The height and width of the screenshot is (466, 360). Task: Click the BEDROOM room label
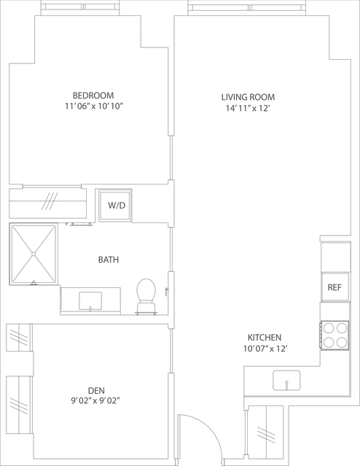pos(93,96)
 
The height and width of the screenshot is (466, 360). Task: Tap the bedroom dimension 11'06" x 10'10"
pos(94,106)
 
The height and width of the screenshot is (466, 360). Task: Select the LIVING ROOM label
pos(248,97)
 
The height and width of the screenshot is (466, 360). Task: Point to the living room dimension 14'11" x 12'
pos(248,108)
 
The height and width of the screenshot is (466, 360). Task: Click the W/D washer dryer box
pos(115,206)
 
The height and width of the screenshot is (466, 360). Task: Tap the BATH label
pos(109,260)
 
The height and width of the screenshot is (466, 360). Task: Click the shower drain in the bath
pos(34,254)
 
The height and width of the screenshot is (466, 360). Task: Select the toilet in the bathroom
pos(146,296)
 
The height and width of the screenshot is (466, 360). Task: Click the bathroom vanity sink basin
pos(90,301)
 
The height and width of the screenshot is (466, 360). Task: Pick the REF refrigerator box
pos(335,287)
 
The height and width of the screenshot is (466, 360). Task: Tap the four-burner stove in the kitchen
pos(334,335)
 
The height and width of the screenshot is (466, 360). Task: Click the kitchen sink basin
pos(286,380)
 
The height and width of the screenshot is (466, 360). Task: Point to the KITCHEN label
pos(265,338)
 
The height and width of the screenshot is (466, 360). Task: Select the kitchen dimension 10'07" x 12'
pos(265,349)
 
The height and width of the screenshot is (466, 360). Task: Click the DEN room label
pos(96,390)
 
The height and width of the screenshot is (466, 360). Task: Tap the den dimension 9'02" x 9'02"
pos(95,401)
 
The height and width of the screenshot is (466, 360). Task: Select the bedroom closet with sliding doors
pos(48,203)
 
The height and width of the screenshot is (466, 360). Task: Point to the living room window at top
pos(247,7)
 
